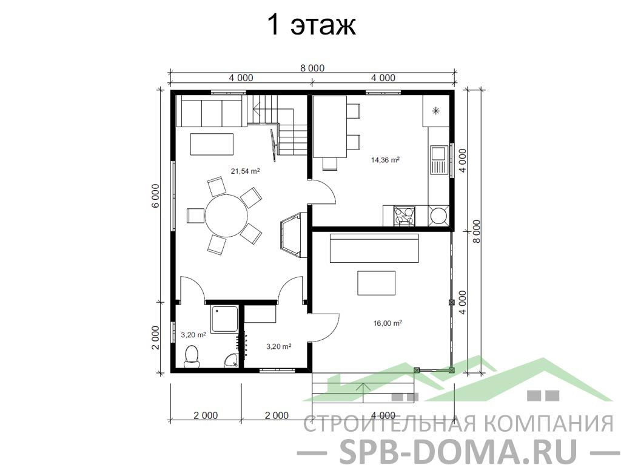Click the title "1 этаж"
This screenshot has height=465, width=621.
point(312,25)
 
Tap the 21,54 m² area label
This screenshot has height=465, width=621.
point(245,171)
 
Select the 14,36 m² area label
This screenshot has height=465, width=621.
point(385,160)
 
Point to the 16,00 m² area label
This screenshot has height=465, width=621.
point(388,323)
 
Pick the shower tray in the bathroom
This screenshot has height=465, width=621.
point(224,319)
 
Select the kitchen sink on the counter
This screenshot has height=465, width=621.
point(438,160)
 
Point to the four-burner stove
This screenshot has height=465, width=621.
point(404,216)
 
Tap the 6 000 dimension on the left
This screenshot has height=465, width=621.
point(155,196)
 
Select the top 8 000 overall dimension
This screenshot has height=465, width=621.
point(312,68)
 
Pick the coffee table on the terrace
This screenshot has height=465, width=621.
point(376,283)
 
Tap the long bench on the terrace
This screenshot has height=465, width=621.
point(374,248)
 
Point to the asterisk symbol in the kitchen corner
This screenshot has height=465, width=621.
point(436,111)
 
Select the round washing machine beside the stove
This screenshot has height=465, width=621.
point(439,216)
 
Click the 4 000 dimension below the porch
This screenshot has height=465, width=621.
point(383,415)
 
